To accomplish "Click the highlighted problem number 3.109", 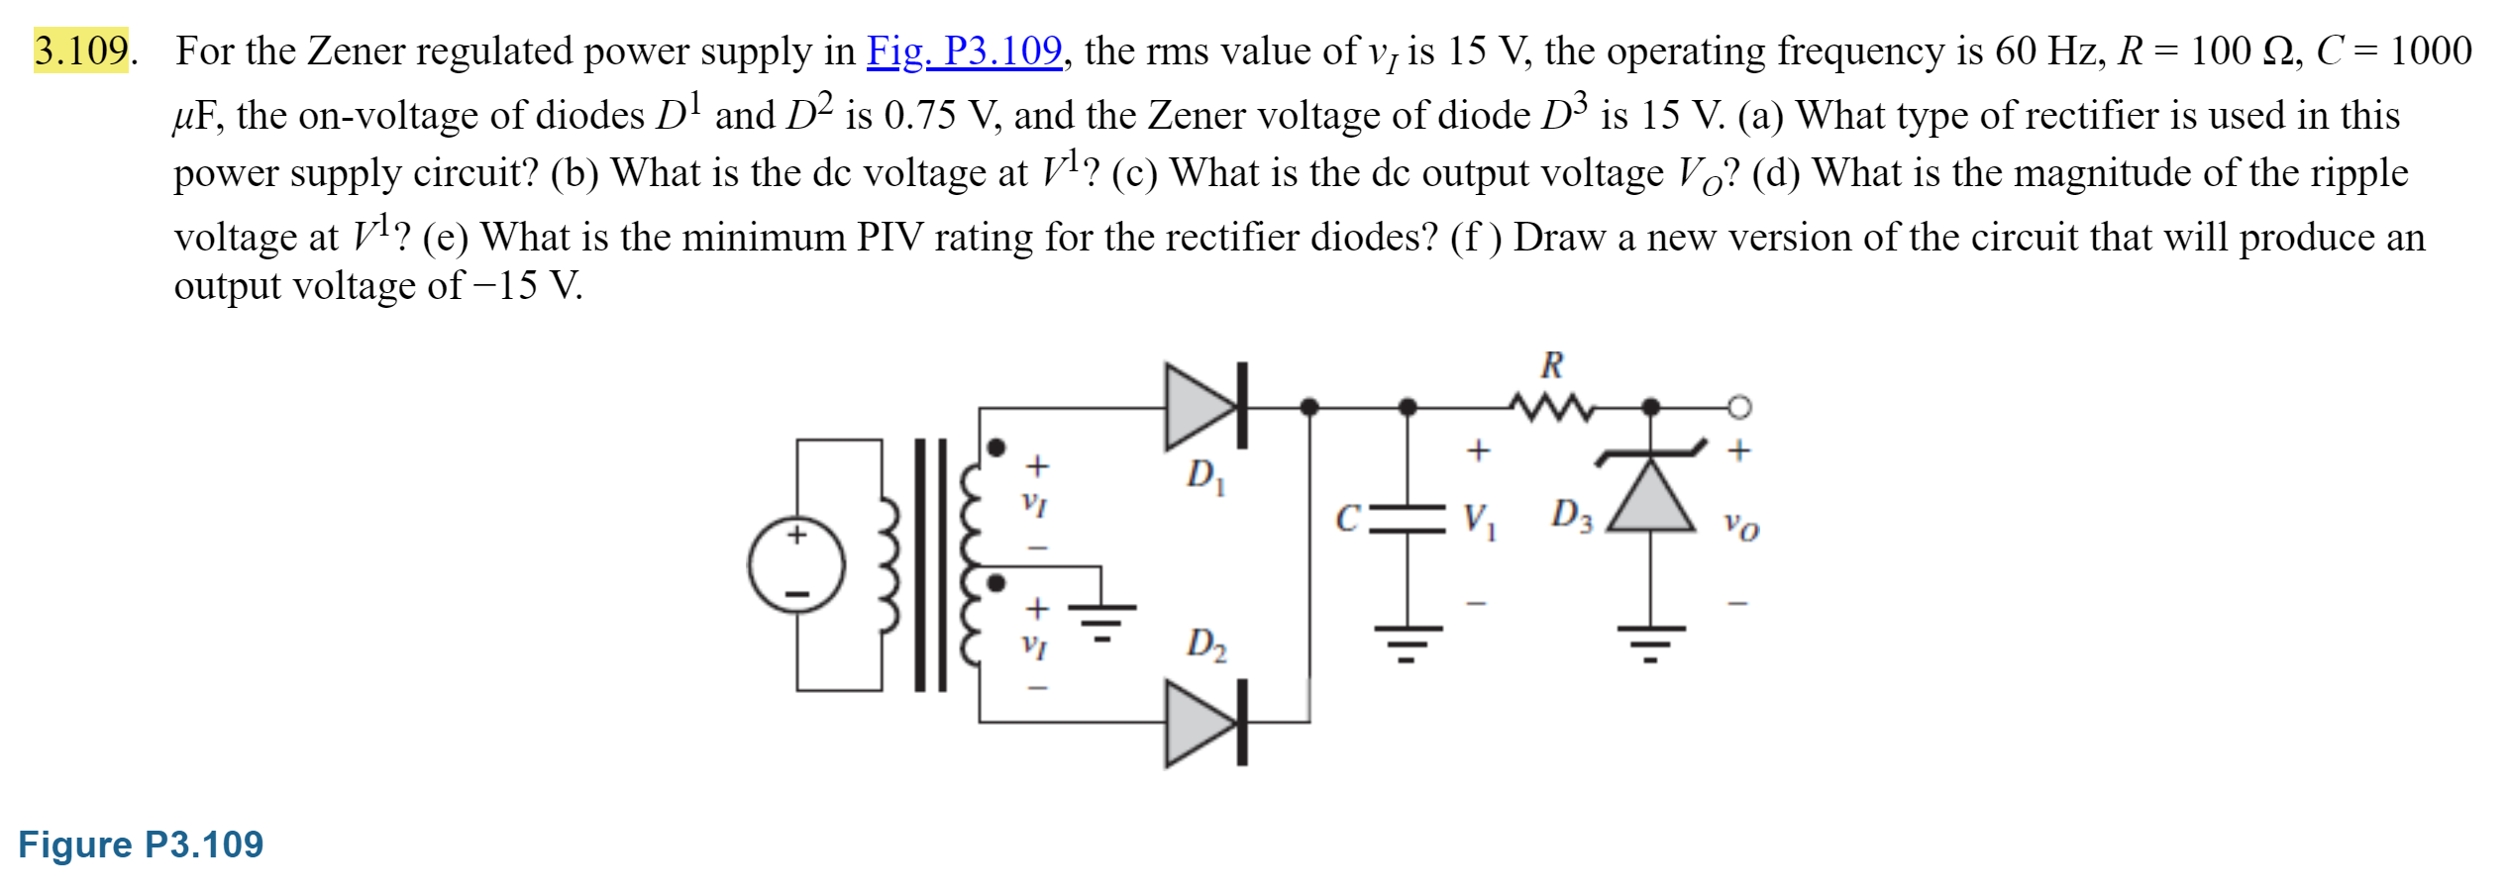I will pos(81,50).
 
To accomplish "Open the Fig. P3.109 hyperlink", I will pos(964,50).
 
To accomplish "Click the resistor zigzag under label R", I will pos(1551,406).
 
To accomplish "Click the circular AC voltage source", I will pos(797,564).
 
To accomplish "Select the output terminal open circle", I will pos(1738,407).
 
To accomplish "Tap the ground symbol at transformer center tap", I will pos(1100,620).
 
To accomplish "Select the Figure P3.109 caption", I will pos(141,845).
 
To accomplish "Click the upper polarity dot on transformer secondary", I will pos(997,447).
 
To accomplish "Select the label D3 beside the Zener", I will pos(1571,515).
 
